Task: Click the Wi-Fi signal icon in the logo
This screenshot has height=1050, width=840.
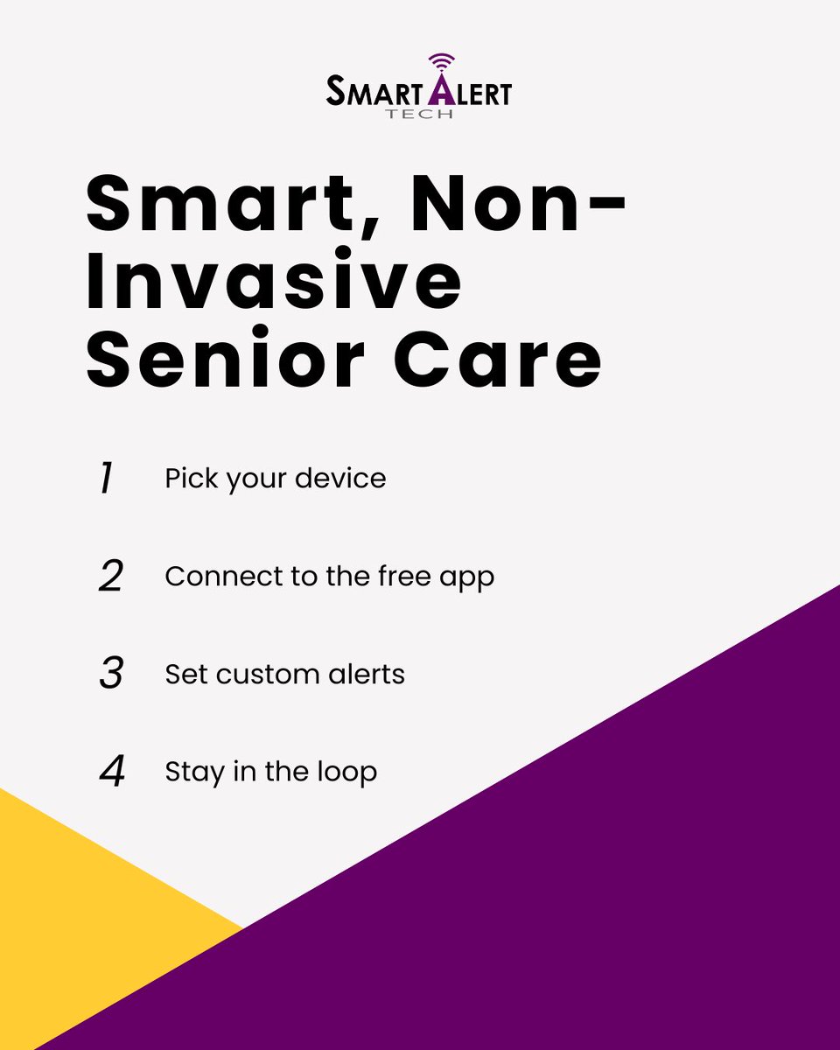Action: [442, 61]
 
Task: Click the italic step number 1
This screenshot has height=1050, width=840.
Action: [107, 479]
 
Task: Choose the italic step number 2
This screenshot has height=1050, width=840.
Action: [110, 577]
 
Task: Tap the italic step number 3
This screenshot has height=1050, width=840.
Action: [110, 675]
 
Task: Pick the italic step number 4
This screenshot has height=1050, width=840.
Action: [111, 772]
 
